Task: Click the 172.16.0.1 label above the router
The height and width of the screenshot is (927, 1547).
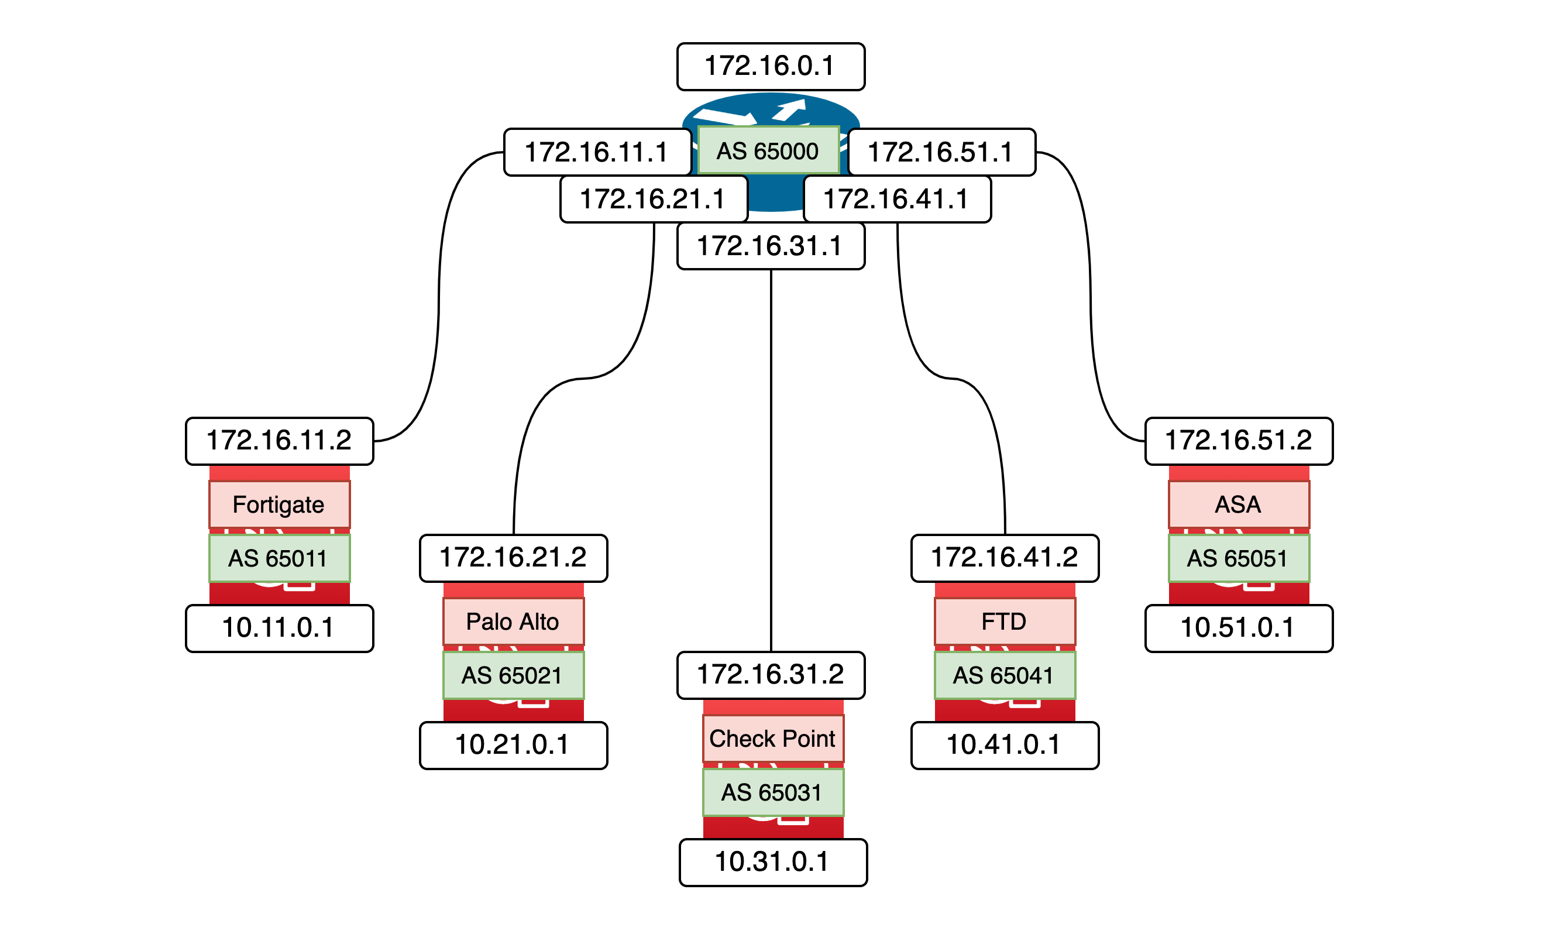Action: (x=771, y=67)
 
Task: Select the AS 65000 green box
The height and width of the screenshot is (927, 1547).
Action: (x=768, y=150)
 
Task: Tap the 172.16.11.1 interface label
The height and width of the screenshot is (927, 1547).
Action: (x=597, y=152)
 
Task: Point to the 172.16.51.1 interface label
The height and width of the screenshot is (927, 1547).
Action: (x=941, y=152)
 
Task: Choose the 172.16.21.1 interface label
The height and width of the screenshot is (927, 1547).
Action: (x=654, y=199)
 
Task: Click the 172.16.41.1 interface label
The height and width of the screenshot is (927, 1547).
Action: (x=897, y=199)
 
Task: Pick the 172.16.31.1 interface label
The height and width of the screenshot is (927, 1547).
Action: (x=771, y=246)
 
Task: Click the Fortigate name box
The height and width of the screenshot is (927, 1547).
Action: (x=279, y=504)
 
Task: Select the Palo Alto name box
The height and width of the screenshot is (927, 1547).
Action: (x=513, y=622)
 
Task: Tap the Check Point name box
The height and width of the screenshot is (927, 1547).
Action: (x=772, y=739)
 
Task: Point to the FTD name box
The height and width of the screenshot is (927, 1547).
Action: (x=1004, y=622)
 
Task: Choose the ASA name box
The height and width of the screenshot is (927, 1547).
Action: (x=1239, y=504)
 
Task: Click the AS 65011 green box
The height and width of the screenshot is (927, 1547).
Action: (x=279, y=558)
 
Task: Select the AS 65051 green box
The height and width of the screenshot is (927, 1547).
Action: (x=1239, y=558)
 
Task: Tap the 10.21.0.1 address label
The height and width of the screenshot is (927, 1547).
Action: (x=513, y=745)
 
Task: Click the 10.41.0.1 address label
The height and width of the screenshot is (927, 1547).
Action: (x=1004, y=745)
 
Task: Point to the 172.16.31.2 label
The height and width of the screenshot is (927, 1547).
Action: (x=771, y=675)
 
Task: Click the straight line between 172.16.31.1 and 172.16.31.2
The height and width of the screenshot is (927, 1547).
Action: (x=771, y=462)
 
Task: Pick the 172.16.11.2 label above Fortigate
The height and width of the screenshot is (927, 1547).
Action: (x=279, y=441)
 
